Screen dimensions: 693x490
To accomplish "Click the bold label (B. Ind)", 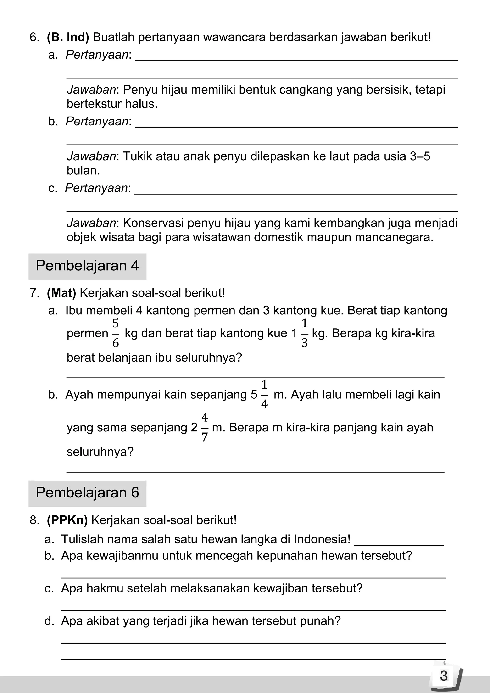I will coord(68,37).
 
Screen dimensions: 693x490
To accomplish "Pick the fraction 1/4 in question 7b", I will coord(264,394).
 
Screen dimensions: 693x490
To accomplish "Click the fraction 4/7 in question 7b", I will coord(205,427).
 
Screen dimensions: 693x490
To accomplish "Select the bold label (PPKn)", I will coord(67,520).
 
